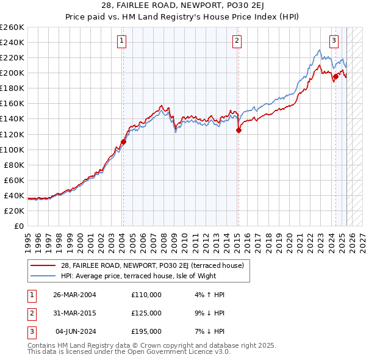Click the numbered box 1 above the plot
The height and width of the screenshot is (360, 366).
click(123, 41)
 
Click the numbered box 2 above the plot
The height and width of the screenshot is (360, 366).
click(237, 41)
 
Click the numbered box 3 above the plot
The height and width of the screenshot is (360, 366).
click(334, 41)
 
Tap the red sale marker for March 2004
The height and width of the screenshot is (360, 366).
click(123, 142)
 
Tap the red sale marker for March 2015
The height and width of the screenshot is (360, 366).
click(239, 130)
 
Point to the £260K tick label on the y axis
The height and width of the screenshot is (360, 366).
click(12, 27)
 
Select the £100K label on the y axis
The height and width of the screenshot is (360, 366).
click(12, 149)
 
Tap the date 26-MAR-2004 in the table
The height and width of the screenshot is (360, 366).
click(75, 294)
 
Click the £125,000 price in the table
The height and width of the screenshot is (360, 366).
click(146, 313)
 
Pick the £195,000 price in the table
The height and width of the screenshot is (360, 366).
click(146, 331)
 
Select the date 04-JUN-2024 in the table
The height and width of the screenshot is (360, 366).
click(76, 331)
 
